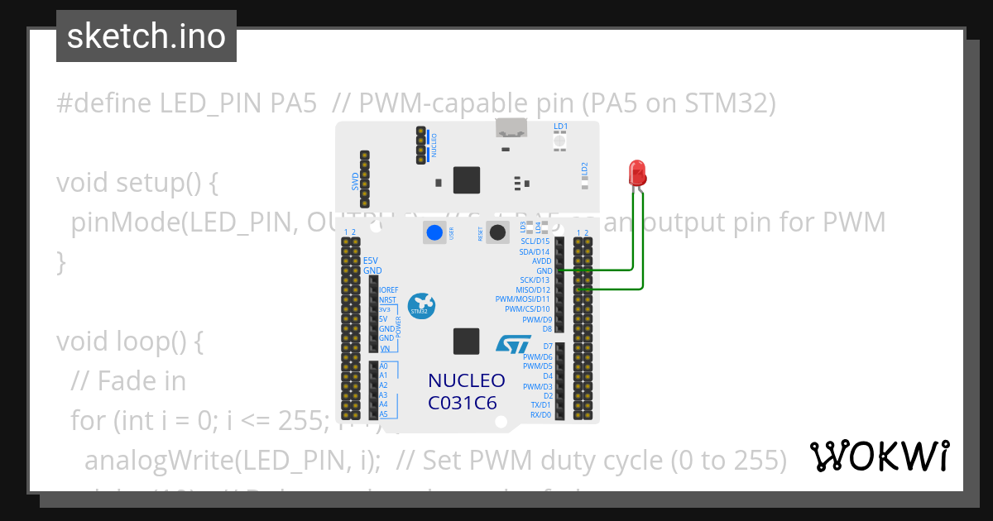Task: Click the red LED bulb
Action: (638, 172)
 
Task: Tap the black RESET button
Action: (497, 232)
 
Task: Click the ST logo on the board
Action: (511, 345)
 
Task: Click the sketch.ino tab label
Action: (146, 36)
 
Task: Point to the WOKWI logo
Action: (879, 456)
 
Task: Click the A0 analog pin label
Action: (383, 366)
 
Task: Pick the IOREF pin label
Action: (388, 290)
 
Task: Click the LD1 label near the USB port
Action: (560, 127)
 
